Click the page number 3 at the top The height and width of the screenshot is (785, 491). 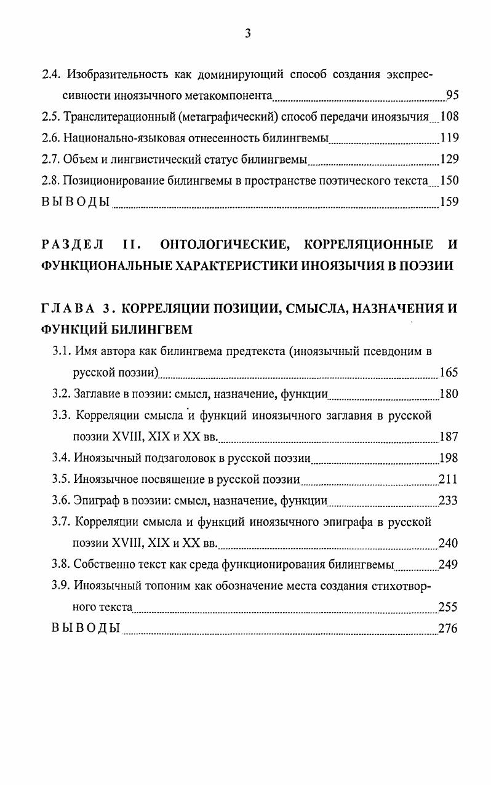click(x=247, y=34)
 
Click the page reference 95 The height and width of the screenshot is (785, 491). click(x=452, y=95)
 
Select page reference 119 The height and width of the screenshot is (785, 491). click(x=449, y=138)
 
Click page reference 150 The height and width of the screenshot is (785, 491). click(x=449, y=181)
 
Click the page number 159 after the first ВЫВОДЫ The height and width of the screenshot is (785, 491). click(x=449, y=202)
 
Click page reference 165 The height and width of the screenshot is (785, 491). click(x=449, y=373)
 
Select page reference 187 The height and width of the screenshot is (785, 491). click(x=449, y=437)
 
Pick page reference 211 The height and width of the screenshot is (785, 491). click(x=449, y=480)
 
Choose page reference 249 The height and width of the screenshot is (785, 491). click(x=449, y=565)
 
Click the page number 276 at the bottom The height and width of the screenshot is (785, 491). click(x=448, y=629)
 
